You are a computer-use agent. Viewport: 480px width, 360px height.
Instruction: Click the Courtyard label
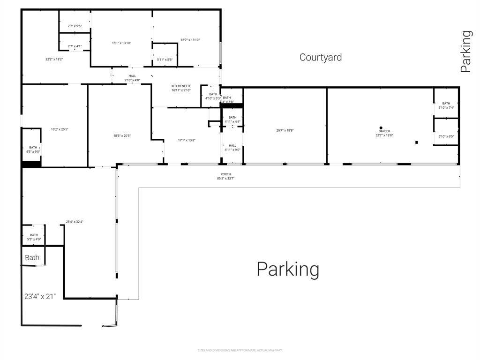(x=321, y=57)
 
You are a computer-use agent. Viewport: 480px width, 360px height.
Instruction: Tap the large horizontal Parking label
(x=288, y=270)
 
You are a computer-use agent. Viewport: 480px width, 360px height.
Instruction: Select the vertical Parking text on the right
(x=465, y=51)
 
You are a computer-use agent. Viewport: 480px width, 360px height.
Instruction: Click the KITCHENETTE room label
(x=181, y=88)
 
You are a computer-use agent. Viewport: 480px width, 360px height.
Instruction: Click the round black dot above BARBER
(x=381, y=127)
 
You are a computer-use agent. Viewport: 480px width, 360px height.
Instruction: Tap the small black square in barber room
(x=416, y=142)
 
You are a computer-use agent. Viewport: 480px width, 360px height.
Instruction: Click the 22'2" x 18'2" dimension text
(x=54, y=59)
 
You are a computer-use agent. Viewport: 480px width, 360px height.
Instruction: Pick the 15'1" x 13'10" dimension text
(x=121, y=43)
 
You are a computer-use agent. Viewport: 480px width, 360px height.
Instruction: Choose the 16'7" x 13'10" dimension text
(x=190, y=40)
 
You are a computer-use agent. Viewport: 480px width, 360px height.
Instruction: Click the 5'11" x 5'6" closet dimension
(x=165, y=60)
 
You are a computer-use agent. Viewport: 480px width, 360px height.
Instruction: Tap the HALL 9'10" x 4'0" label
(x=132, y=78)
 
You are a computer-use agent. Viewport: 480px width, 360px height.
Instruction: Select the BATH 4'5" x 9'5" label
(x=33, y=150)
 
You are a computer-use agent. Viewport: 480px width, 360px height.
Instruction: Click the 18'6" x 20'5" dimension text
(x=122, y=136)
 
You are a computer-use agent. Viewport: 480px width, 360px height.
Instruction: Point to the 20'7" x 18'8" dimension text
(x=285, y=130)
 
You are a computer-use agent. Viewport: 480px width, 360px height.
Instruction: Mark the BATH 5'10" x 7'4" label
(x=446, y=105)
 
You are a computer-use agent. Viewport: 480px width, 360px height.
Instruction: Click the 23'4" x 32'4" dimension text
(x=75, y=222)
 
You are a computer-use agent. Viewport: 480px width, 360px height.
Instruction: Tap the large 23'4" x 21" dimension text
(x=40, y=296)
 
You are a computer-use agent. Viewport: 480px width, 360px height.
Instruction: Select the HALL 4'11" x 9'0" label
(x=232, y=148)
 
